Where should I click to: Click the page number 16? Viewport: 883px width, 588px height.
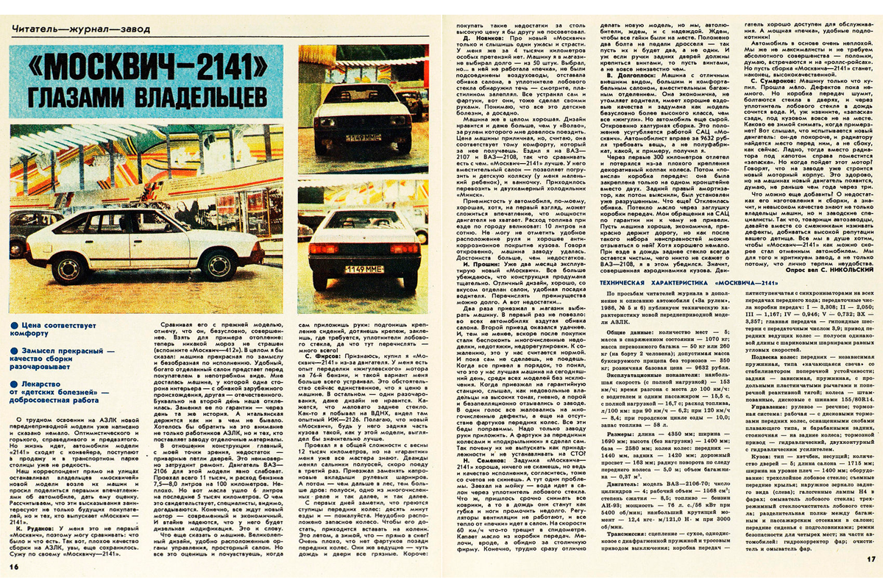click(14, 566)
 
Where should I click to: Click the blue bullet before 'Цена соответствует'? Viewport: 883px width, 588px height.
click(15, 324)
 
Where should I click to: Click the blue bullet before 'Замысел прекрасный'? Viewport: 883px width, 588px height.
click(15, 353)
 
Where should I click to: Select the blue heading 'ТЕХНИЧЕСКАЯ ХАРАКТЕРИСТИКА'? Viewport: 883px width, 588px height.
click(641, 282)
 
